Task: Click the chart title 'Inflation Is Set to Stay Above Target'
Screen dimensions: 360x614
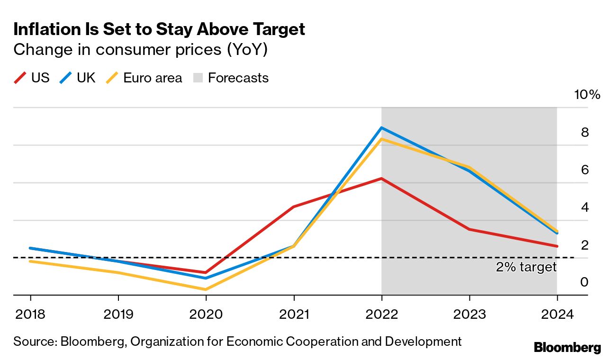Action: click(x=159, y=29)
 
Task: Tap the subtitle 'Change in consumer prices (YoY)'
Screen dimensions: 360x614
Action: click(x=141, y=49)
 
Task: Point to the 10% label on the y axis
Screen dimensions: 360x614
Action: click(x=587, y=94)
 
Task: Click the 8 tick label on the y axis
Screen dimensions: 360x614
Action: click(x=585, y=132)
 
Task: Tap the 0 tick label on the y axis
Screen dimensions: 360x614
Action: click(x=585, y=282)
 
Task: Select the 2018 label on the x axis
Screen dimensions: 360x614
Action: click(x=30, y=314)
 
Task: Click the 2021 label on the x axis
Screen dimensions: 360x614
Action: click(x=294, y=314)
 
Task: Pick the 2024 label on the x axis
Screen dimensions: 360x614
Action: click(x=557, y=314)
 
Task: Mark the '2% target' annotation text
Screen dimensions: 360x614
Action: click(x=526, y=267)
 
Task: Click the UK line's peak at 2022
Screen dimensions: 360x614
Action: click(x=381, y=128)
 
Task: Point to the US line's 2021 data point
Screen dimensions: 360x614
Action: click(x=294, y=207)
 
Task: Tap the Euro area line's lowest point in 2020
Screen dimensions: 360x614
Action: click(x=206, y=289)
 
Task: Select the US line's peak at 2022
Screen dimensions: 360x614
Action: click(x=381, y=179)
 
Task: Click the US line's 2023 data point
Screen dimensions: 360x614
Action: click(x=469, y=229)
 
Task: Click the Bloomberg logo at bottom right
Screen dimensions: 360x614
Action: click(x=567, y=347)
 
